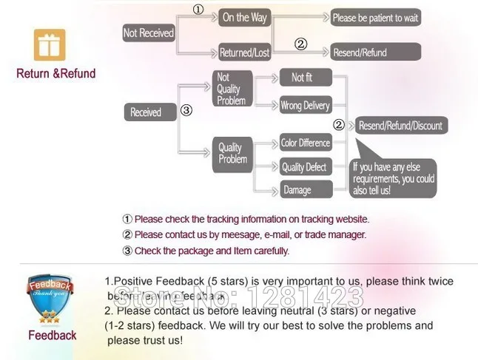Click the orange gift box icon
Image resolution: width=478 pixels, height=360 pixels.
point(50,46)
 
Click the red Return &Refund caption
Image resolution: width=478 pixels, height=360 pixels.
point(56,74)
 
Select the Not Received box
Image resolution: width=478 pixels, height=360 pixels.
point(149,33)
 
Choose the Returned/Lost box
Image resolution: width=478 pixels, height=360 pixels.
point(244,52)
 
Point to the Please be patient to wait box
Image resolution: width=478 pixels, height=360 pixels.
point(375,18)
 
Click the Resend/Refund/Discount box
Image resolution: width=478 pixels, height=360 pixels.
point(400,126)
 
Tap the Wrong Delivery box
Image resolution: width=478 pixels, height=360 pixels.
point(305,106)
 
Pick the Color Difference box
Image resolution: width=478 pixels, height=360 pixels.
point(305,143)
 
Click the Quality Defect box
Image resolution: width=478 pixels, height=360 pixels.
point(304,167)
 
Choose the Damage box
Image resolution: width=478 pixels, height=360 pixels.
point(298,191)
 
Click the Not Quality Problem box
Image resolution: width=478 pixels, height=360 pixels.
point(232,89)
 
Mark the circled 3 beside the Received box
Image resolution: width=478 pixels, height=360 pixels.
point(186,110)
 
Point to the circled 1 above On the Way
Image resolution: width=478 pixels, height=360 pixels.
point(198,10)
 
